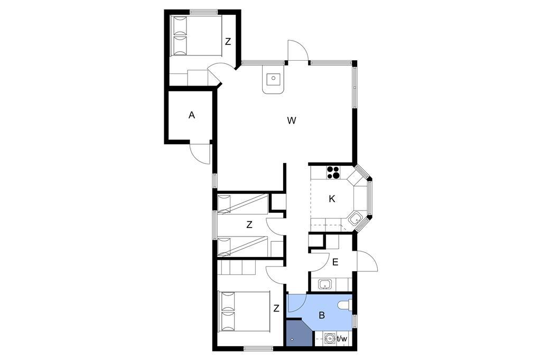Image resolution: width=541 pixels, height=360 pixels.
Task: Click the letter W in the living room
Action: (292, 121)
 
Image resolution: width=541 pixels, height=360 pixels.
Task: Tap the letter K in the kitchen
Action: (332, 199)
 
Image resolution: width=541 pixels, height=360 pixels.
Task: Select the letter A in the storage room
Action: (192, 115)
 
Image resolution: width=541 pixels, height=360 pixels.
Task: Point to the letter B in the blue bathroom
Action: (322, 315)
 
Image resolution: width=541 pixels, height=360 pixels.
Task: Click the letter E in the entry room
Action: (335, 262)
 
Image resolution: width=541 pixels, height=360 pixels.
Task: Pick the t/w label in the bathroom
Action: (342, 338)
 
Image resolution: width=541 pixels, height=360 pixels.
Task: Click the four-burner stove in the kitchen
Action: (333, 173)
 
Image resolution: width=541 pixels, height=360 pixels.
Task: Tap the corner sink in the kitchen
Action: (355, 219)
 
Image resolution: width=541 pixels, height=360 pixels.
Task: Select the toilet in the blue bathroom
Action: (345, 305)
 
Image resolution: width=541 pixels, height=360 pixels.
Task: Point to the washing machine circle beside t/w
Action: (330, 338)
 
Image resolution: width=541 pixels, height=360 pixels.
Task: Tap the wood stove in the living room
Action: (273, 80)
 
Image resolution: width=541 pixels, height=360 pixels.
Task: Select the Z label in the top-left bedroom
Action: (228, 42)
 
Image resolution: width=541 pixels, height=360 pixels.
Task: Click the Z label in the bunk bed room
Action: (249, 225)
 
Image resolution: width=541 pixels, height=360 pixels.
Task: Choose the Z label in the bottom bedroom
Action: (276, 308)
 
